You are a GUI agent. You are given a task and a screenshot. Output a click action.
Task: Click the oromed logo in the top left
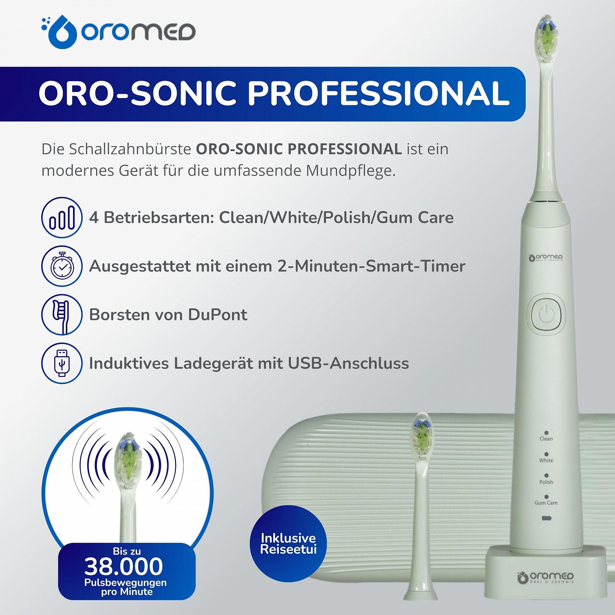118,32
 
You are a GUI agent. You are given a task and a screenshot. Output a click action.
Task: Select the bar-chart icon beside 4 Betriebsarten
61,218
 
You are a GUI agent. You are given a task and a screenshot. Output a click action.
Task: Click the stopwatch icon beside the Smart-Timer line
61,266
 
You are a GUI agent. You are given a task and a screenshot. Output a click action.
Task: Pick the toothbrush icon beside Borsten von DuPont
61,315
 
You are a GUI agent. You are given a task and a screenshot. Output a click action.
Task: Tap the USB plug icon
61,363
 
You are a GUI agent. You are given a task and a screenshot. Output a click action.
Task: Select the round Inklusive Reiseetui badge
288,544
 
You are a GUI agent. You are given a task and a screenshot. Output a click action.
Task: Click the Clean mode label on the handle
546,439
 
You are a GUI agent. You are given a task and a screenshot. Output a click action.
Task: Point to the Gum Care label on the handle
546,503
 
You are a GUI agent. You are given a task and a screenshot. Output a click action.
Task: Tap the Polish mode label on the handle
546,482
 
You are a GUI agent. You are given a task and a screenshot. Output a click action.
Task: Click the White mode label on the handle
546,460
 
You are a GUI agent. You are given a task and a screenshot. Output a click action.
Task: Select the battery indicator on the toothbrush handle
546,519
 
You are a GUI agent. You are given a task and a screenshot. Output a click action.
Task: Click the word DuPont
218,315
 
